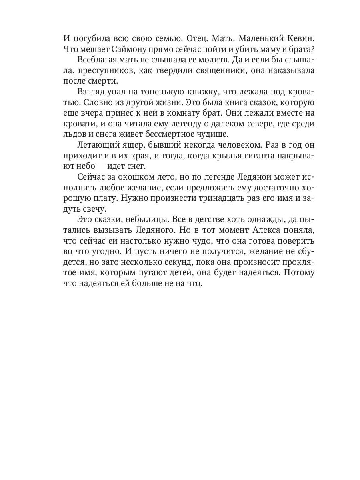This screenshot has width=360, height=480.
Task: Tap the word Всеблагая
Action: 96,60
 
